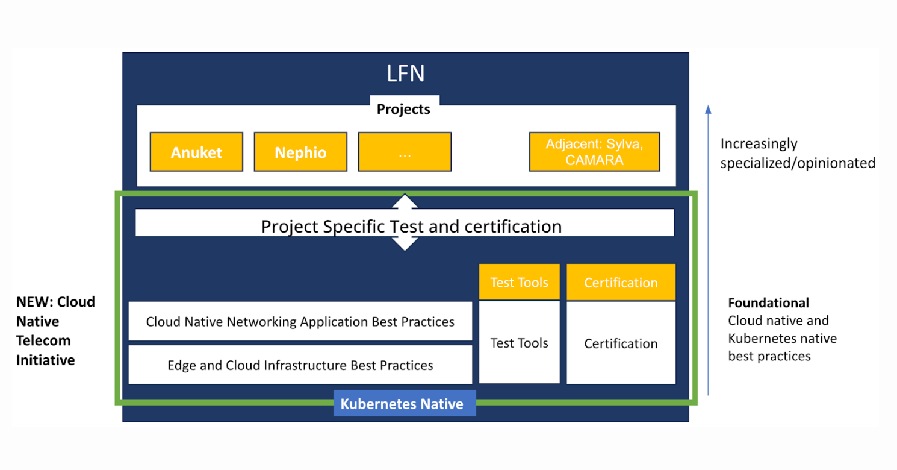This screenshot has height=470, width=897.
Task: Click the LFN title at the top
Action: click(405, 74)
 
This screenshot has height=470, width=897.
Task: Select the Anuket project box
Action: click(196, 152)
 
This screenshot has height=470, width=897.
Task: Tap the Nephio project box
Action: click(300, 152)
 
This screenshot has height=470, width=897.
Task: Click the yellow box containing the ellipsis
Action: click(405, 152)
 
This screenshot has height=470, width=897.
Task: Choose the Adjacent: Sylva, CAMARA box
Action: click(594, 152)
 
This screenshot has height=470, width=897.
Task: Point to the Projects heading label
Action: click(403, 109)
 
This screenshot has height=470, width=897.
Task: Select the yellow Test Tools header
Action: click(519, 282)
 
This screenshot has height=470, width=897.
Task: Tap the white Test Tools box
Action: click(519, 342)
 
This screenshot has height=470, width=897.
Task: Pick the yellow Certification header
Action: click(621, 282)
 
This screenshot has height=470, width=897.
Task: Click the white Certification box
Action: click(621, 343)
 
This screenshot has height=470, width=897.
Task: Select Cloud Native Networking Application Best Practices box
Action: click(300, 321)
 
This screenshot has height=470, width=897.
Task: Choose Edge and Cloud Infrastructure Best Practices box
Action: click(300, 365)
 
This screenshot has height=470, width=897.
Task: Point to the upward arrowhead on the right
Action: click(708, 109)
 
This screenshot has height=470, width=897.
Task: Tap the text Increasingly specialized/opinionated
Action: click(797, 153)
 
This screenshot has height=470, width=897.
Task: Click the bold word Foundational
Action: click(769, 302)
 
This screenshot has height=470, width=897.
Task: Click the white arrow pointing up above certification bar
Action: click(405, 201)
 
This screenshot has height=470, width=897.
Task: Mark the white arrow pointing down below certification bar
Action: click(405, 243)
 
